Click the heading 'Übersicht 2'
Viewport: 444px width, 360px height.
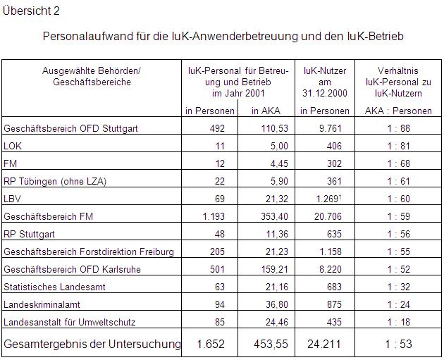32,11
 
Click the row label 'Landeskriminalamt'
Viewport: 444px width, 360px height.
42,304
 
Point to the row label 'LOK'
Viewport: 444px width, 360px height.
13,146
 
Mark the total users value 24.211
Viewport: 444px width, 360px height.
324,345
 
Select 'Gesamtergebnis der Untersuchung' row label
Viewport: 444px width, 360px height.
92,345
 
